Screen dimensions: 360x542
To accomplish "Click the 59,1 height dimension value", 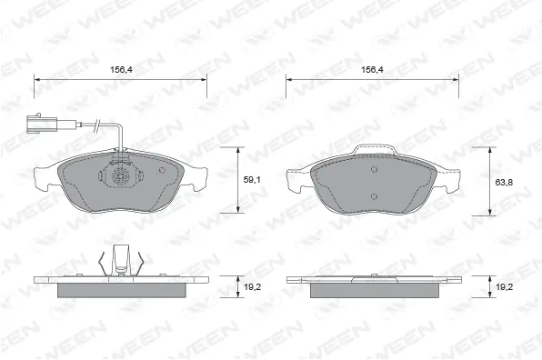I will click(252, 180).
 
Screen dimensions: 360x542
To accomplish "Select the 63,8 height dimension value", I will click(503, 183).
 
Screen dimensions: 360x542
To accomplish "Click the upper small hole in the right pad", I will click(373, 169).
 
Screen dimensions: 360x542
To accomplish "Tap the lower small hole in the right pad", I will click(373, 195).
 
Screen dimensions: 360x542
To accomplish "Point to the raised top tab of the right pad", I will click(373, 149).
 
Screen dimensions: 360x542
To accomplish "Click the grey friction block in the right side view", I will click(373, 289).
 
